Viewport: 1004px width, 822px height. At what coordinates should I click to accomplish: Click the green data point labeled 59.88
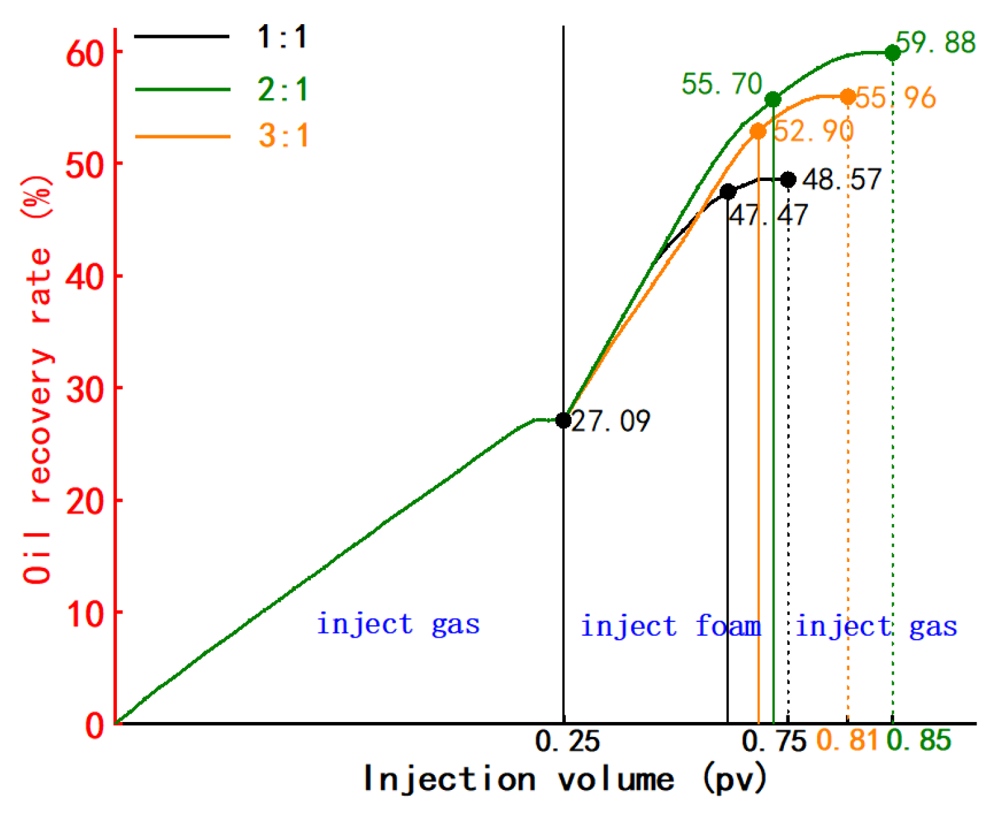tap(892, 53)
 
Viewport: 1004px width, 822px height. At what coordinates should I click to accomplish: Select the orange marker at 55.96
tap(848, 97)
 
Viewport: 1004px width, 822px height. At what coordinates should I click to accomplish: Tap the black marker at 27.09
tap(563, 420)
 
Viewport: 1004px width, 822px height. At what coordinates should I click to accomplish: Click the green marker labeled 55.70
tap(773, 99)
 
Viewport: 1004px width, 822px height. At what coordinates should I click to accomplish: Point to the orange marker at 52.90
tap(758, 131)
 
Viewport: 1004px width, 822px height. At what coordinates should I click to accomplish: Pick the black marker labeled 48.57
tap(788, 180)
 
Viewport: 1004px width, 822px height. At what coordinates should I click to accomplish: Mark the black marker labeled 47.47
tap(728, 192)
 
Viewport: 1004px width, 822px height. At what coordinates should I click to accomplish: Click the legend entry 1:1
tap(282, 37)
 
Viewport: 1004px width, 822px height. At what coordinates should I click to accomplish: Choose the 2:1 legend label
tap(283, 89)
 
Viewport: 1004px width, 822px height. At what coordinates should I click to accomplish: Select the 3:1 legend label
tap(283, 136)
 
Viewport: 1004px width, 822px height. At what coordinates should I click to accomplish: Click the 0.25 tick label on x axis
tap(567, 741)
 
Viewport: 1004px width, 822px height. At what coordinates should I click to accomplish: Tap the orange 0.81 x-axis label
tap(847, 741)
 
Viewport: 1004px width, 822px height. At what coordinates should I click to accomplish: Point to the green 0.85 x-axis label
tap(919, 741)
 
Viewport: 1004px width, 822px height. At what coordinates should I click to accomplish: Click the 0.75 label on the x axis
tap(775, 741)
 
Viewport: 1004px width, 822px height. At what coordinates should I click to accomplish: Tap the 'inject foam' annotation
tap(671, 626)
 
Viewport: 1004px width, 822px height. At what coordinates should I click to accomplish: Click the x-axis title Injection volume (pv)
tap(565, 780)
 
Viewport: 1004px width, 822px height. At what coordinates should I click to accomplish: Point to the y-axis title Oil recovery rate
tap(37, 379)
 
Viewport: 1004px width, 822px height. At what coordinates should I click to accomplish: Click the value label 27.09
tap(611, 421)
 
